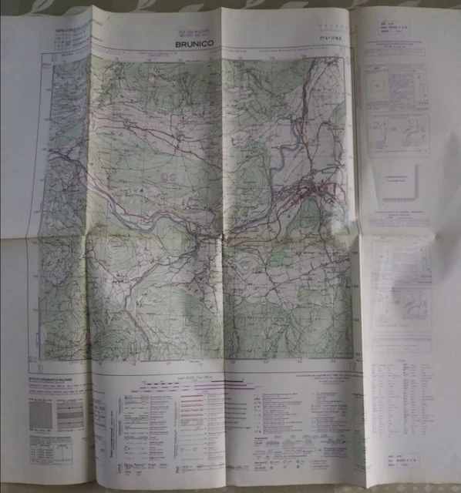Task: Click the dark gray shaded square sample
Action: [42, 416]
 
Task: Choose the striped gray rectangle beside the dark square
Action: [70, 416]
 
